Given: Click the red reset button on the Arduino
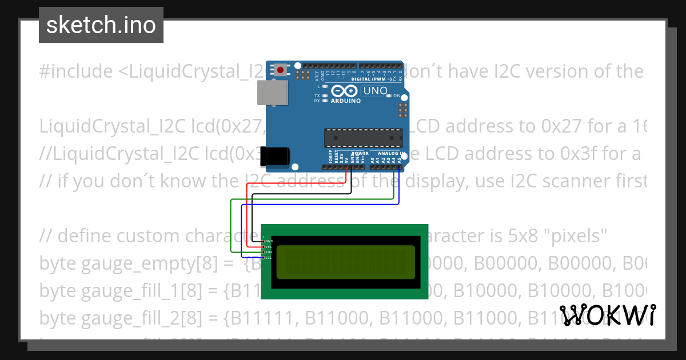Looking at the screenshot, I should (x=280, y=70).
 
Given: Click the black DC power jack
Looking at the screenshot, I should (x=275, y=157).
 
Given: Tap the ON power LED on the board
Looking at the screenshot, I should (x=389, y=96).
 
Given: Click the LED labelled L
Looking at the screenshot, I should (x=325, y=86).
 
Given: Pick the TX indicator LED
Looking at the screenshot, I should (x=325, y=95).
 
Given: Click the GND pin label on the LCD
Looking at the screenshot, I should (x=269, y=241).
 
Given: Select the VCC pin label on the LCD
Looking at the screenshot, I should (x=269, y=246).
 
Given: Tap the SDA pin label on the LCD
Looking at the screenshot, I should (x=269, y=252).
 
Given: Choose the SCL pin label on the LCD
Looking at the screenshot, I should (x=269, y=257).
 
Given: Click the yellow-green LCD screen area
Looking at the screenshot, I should (x=346, y=262).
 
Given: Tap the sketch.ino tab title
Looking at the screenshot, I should (x=101, y=25).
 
